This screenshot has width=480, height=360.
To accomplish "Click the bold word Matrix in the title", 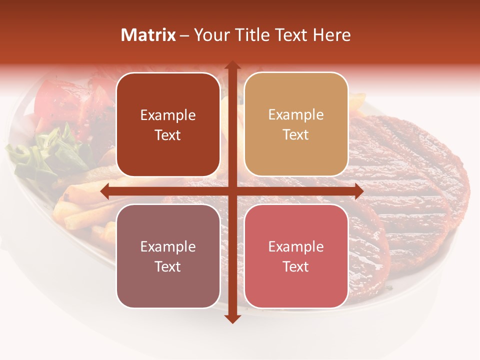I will (x=148, y=35).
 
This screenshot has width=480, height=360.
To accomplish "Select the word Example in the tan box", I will (x=296, y=115).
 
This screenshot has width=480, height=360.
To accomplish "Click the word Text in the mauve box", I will (x=168, y=266).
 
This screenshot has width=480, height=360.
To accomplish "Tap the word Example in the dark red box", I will (x=168, y=115).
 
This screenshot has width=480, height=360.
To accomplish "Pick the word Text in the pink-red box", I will (x=296, y=266).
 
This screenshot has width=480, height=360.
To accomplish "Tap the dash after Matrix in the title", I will (x=184, y=35).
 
